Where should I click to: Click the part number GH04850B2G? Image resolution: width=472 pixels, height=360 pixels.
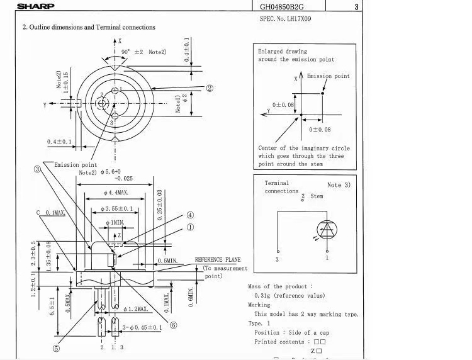coord(284,8)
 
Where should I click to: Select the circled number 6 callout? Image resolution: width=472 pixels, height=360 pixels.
coord(174,325)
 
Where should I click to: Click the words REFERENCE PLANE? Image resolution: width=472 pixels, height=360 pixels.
coord(218,259)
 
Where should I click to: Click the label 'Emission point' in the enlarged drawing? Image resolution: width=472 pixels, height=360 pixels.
coord(328,76)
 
